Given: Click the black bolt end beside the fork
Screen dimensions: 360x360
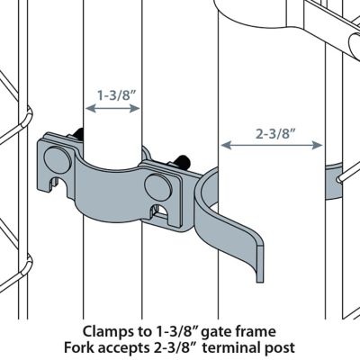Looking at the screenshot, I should pyautogui.click(x=184, y=163).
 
